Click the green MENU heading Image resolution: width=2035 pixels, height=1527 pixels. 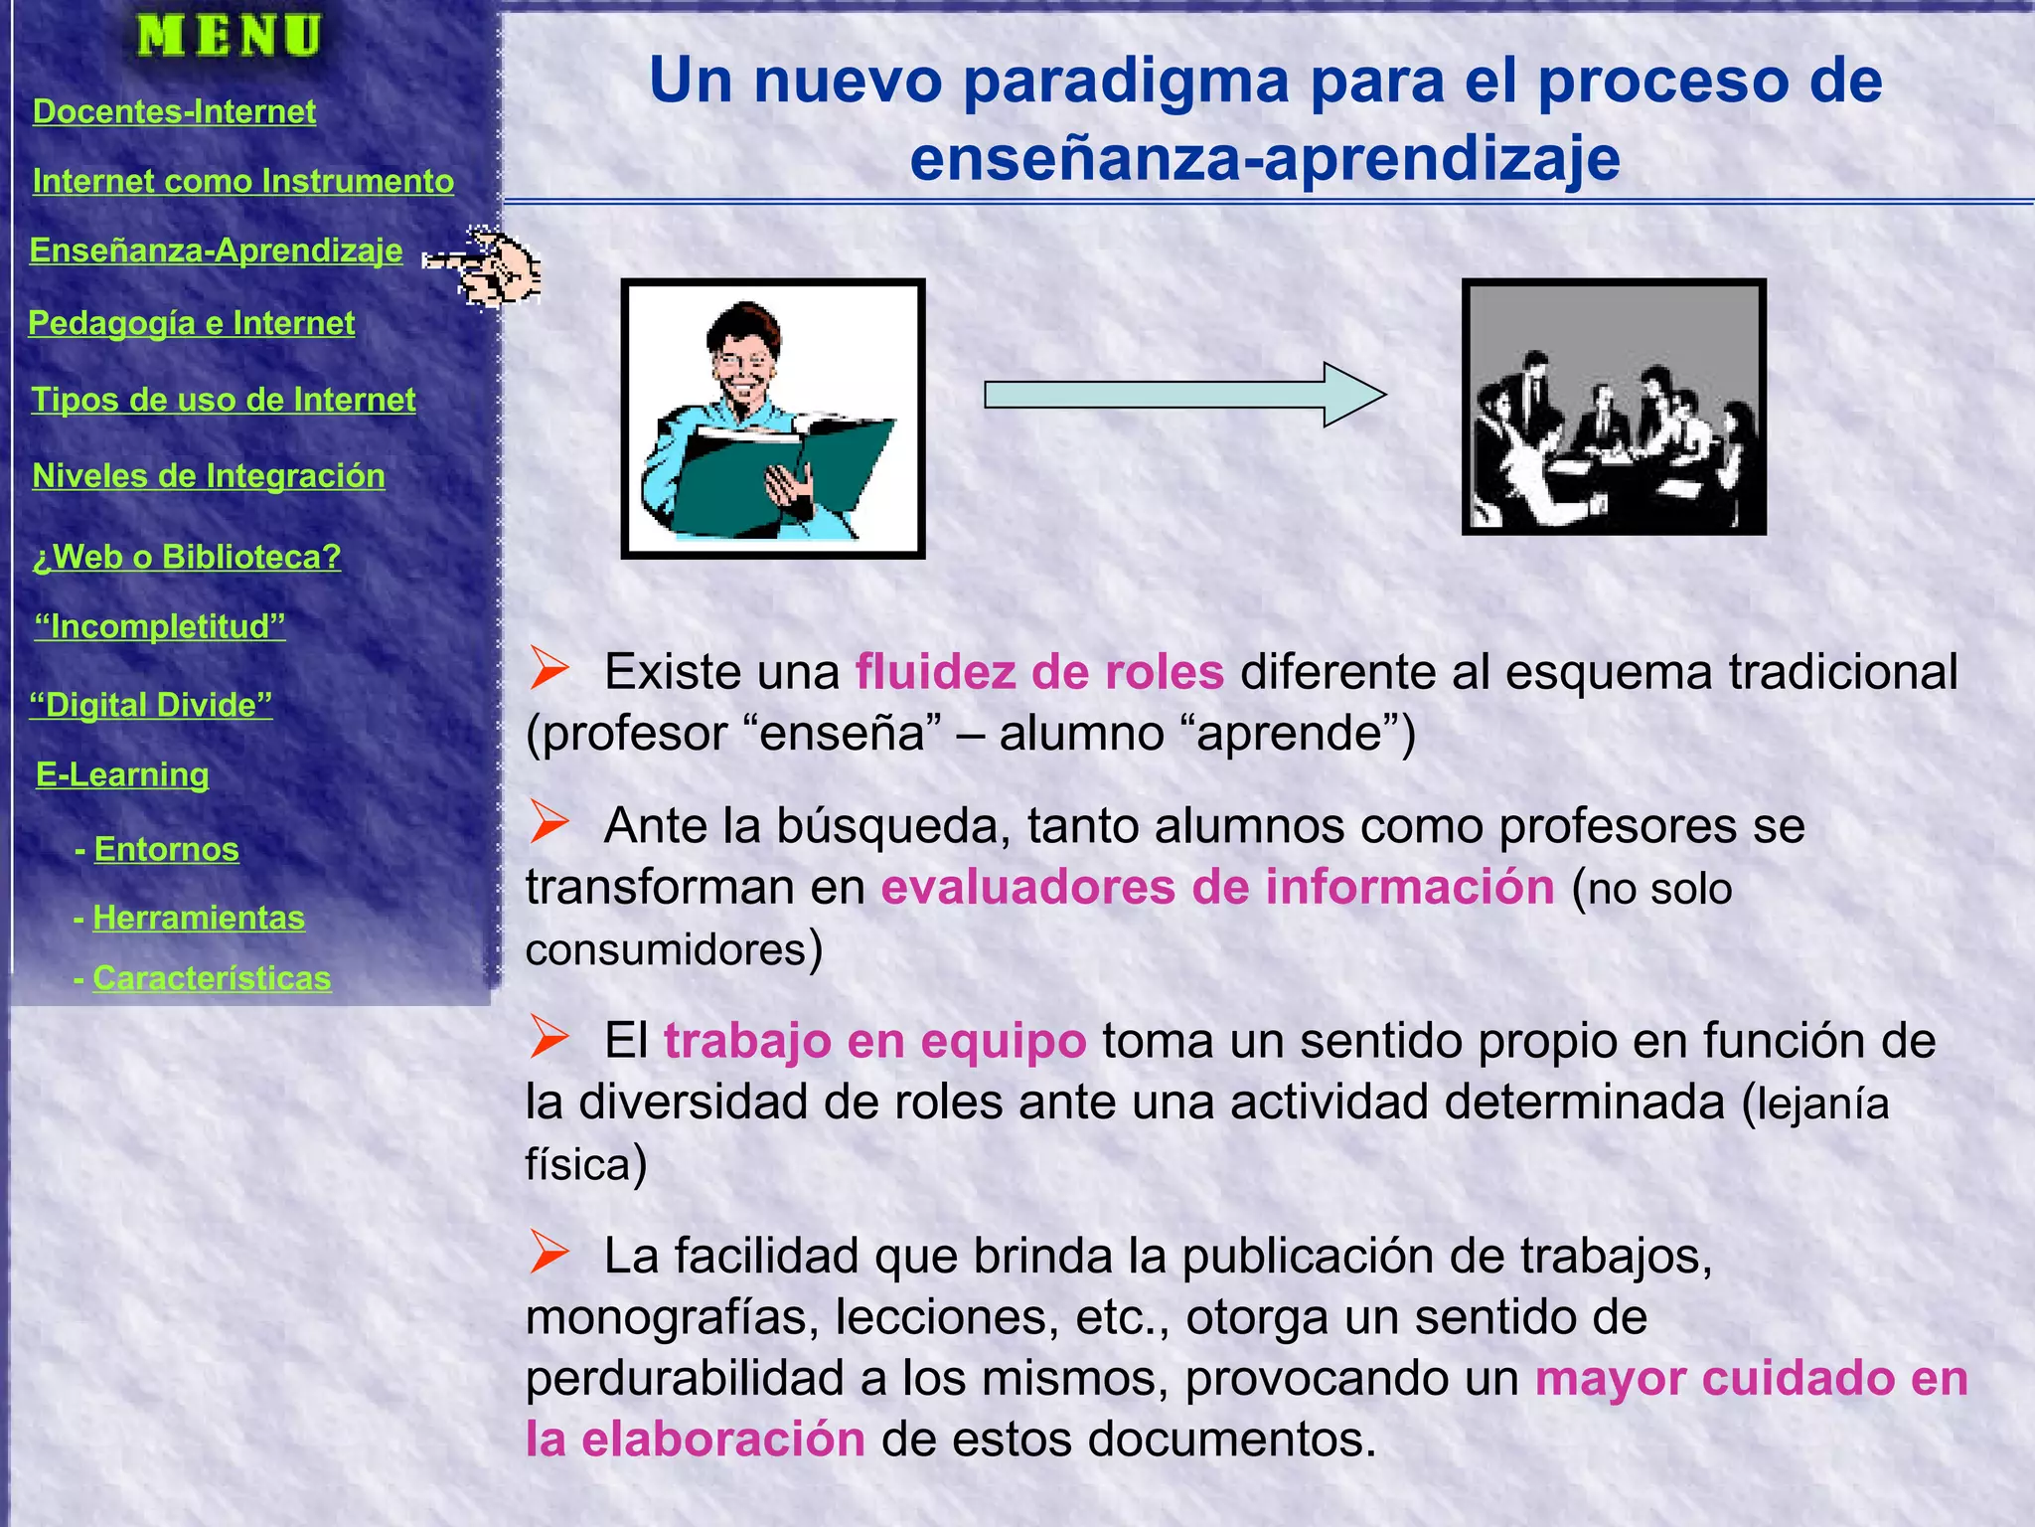point(230,37)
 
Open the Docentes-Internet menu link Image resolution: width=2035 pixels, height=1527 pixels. point(174,111)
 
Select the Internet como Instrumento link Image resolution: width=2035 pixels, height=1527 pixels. point(242,181)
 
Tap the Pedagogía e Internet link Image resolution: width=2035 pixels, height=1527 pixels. point(191,323)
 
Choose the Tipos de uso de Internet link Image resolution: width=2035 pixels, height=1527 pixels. point(224,400)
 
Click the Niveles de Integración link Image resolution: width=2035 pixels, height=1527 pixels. point(209,476)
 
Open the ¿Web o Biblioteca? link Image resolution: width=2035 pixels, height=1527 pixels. point(187,557)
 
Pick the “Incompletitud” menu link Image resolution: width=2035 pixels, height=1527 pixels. point(160,626)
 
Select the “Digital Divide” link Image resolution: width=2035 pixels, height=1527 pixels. point(151,705)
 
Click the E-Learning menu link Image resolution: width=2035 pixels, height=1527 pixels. point(122,774)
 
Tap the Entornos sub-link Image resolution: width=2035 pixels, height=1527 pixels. point(166,849)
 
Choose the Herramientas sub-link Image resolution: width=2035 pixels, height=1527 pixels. point(199,918)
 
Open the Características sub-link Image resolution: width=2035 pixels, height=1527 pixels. point(212,978)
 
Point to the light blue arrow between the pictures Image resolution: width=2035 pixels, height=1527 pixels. point(1182,395)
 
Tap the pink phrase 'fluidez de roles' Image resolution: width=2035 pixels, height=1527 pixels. point(1039,672)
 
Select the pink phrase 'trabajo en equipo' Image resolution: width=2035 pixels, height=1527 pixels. point(874,1041)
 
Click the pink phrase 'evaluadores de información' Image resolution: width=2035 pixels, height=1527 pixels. point(1217,887)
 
